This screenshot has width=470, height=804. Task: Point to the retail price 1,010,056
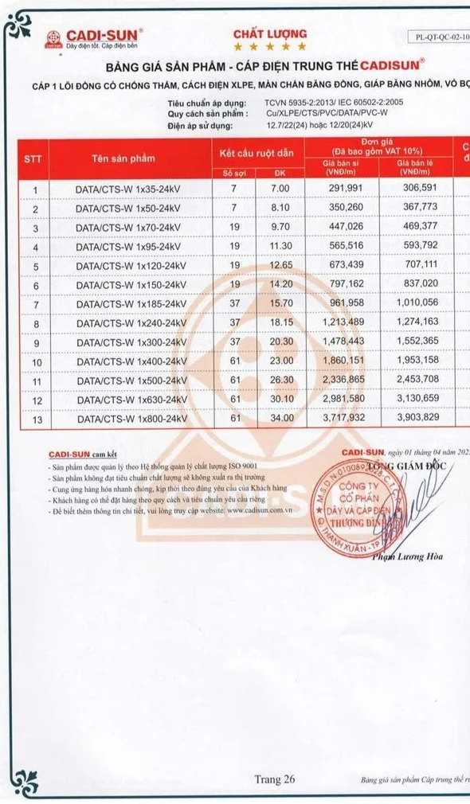[413, 303]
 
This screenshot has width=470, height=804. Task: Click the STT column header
[33, 158]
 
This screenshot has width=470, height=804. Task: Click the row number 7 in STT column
[34, 304]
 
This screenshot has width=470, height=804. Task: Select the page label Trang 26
[275, 779]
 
